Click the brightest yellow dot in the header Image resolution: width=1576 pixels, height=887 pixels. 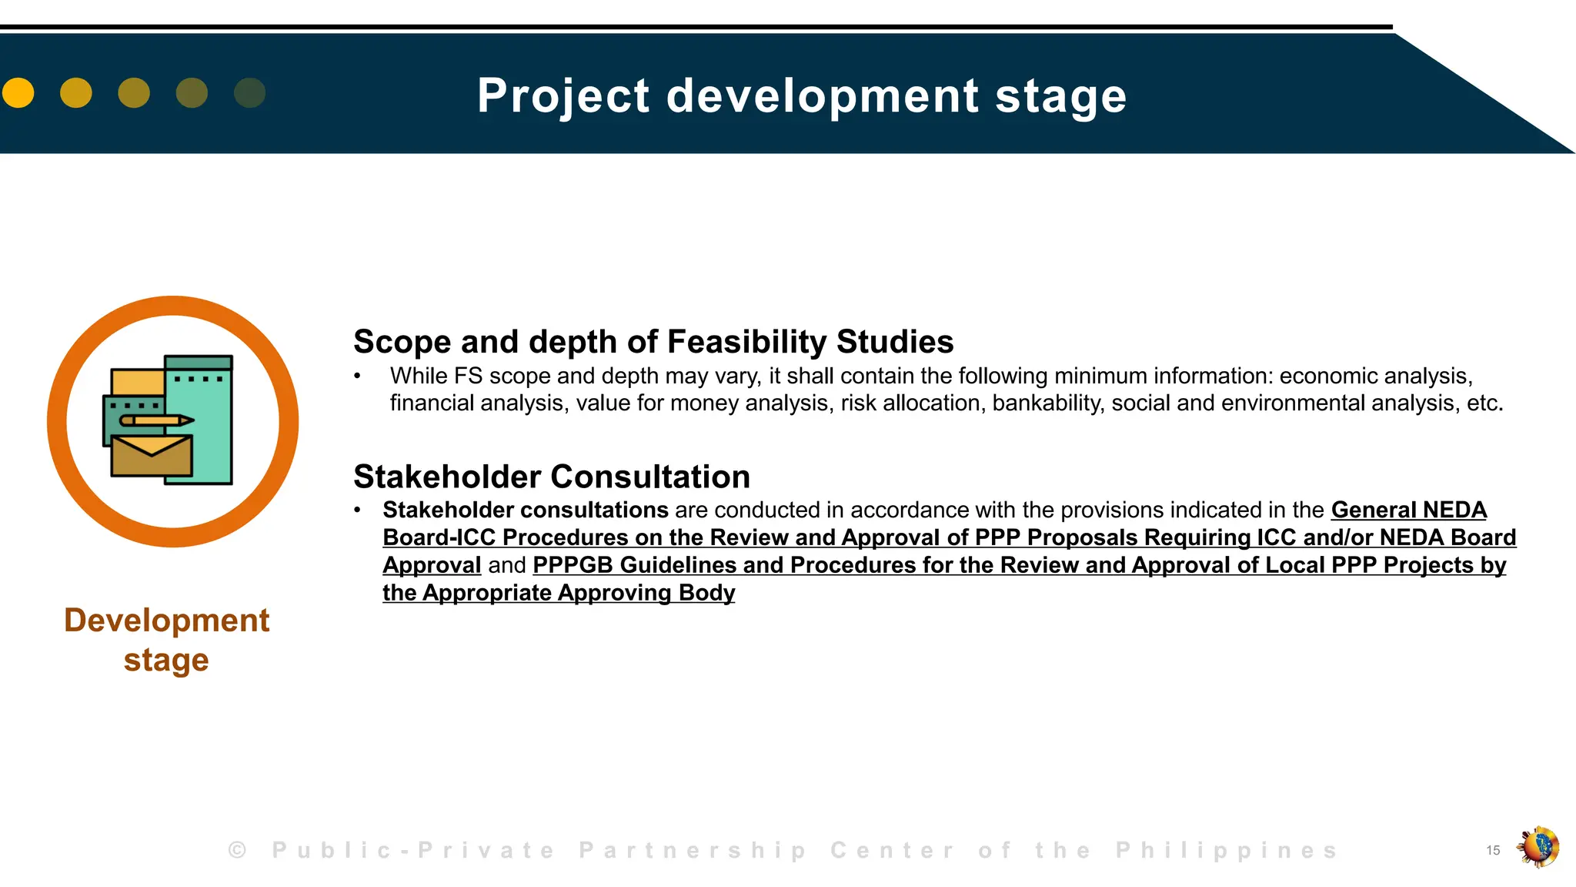click(x=18, y=93)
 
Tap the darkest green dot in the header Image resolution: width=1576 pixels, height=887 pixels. click(x=249, y=93)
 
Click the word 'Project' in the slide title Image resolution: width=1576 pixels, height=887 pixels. click(x=563, y=96)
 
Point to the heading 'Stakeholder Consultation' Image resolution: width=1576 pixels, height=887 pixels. click(x=551, y=477)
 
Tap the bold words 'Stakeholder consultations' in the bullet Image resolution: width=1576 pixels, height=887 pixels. click(x=525, y=510)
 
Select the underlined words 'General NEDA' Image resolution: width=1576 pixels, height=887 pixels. click(x=1408, y=510)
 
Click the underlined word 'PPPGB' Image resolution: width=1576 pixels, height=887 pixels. click(x=573, y=565)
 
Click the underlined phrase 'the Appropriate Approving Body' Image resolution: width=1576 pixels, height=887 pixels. click(x=558, y=593)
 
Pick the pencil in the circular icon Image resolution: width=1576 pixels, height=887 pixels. click(x=157, y=420)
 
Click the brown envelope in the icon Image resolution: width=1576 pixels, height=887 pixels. click(x=152, y=456)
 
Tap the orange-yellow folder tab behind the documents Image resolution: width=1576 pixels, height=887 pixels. click(x=137, y=382)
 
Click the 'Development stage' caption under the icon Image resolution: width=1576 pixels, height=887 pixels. click(x=166, y=640)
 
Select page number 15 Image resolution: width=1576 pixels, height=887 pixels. click(x=1493, y=850)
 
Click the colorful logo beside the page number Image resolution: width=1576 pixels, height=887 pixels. click(x=1538, y=847)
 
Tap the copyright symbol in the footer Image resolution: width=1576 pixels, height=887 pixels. click(x=237, y=850)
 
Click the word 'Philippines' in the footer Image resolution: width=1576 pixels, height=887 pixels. click(x=1227, y=850)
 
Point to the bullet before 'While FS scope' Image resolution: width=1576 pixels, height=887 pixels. click(x=357, y=377)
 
